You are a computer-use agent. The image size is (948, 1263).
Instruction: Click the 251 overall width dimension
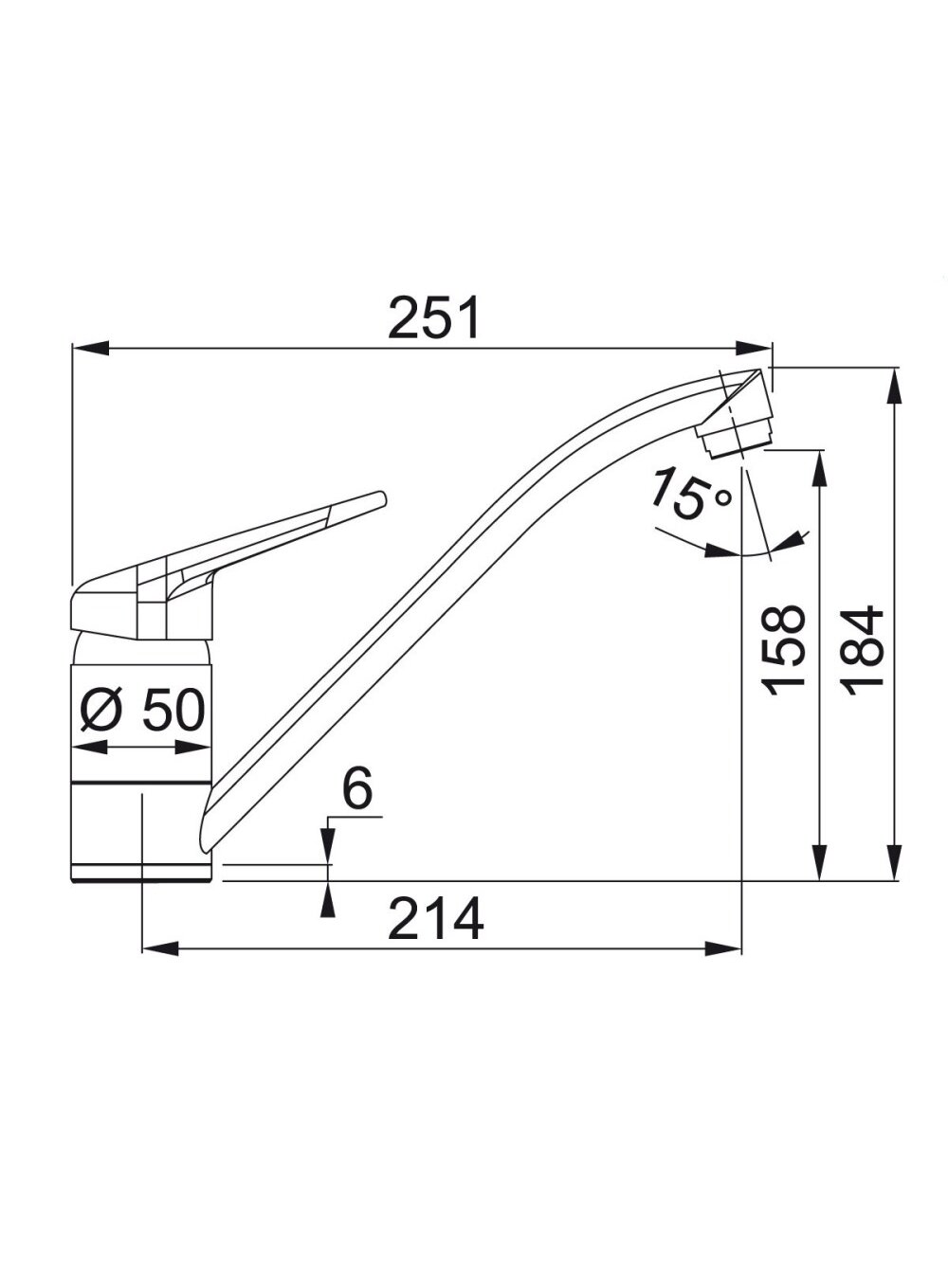(433, 317)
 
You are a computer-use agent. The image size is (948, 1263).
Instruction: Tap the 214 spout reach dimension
(436, 935)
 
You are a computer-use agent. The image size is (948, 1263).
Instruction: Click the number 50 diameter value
(173, 710)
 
